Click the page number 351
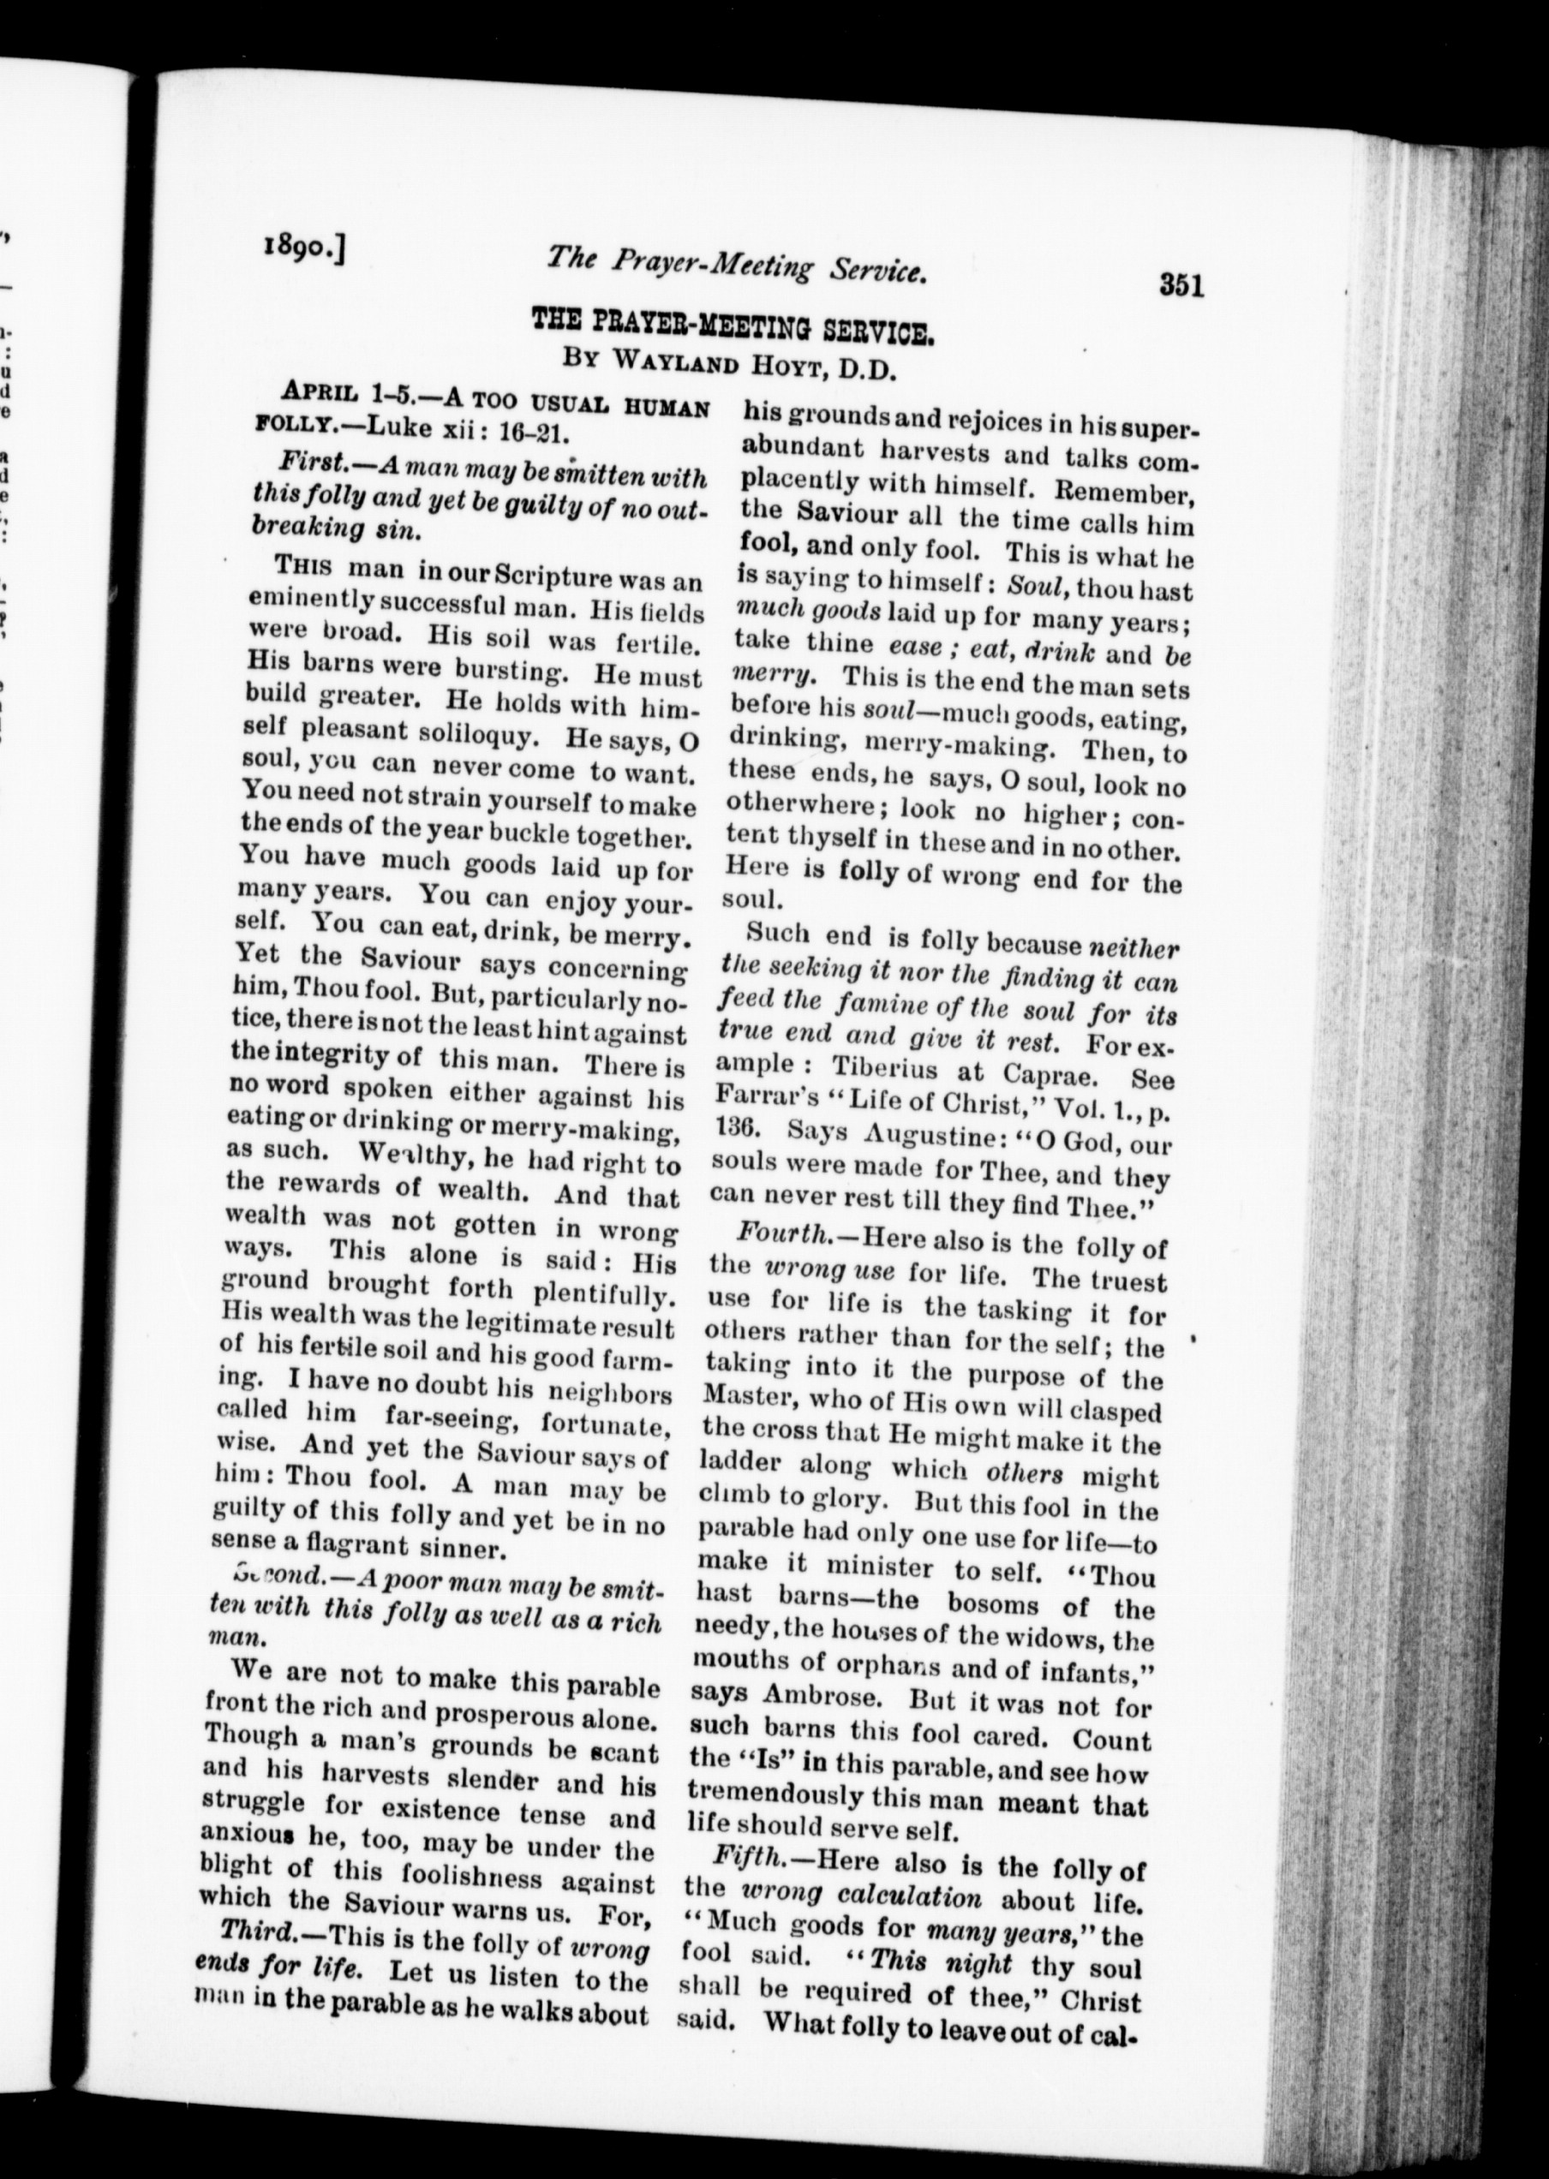coord(1181,285)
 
